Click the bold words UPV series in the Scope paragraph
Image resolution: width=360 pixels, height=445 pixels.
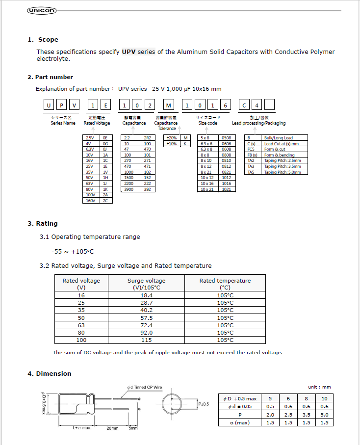point(138,52)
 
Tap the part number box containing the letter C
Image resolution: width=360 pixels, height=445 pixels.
point(244,106)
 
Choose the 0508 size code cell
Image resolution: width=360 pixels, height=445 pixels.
point(226,138)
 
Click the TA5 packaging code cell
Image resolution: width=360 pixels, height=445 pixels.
point(251,172)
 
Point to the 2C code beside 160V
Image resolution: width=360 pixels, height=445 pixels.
point(105,201)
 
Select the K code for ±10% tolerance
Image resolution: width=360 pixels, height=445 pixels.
point(185,144)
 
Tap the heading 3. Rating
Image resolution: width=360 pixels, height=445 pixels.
point(43,224)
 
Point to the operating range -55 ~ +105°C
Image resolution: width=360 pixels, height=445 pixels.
point(72,252)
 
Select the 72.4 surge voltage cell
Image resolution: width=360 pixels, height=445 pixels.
point(147,325)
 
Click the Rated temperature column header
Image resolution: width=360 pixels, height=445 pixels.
point(225,284)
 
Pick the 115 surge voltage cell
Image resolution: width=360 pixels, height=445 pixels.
point(147,340)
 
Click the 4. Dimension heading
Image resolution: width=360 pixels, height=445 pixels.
point(50,374)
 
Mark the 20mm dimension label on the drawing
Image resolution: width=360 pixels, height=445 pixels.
point(112,428)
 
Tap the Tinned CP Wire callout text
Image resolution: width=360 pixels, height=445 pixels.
point(144,388)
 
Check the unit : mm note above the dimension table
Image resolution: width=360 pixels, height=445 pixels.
point(319,387)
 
